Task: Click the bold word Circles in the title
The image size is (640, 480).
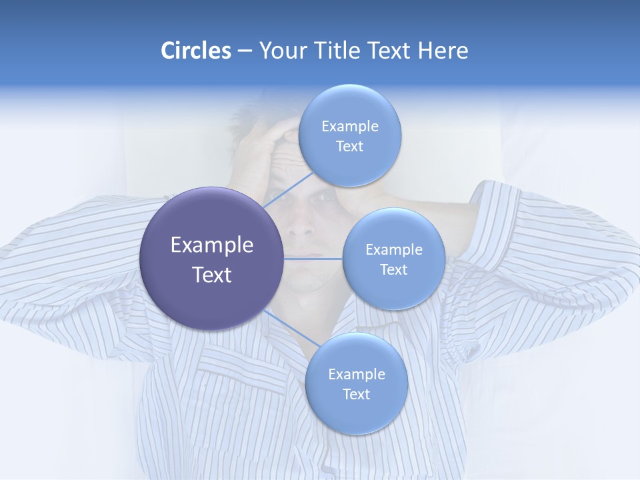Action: [196, 51]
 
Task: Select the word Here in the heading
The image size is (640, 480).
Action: [443, 51]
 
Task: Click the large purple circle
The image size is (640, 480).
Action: [211, 259]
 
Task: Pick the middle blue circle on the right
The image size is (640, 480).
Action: [393, 259]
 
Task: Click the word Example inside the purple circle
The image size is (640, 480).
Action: [211, 245]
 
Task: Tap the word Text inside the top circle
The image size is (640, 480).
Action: [349, 147]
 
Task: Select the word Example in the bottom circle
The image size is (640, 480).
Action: [356, 375]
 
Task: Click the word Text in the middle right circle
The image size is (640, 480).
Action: [393, 270]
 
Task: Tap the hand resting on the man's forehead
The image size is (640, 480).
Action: [267, 137]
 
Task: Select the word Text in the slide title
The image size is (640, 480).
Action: [390, 51]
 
